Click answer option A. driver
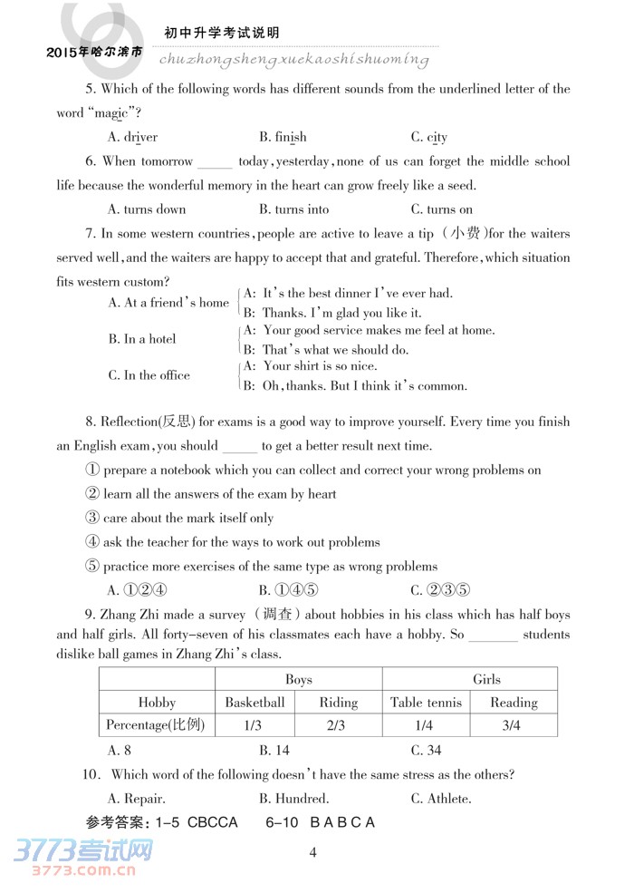tap(132, 137)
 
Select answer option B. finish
tap(283, 137)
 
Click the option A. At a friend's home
tap(168, 303)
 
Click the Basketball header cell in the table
tap(255, 703)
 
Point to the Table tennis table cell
tap(426, 703)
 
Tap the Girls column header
tap(486, 679)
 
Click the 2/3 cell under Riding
tap(338, 725)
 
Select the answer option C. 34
tap(426, 750)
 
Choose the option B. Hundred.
tap(293, 799)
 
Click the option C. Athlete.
tap(441, 799)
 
